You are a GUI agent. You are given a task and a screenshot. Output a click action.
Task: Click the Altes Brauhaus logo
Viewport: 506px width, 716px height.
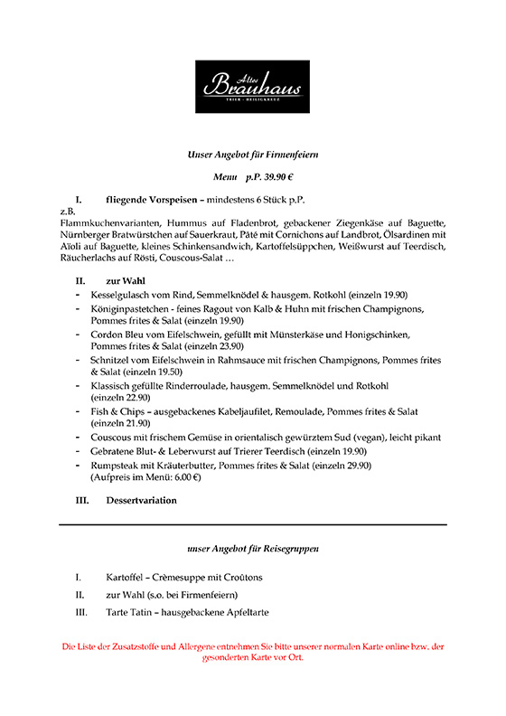[x=252, y=86]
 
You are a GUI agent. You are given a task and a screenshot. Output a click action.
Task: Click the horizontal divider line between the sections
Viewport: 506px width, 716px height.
[x=252, y=524]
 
